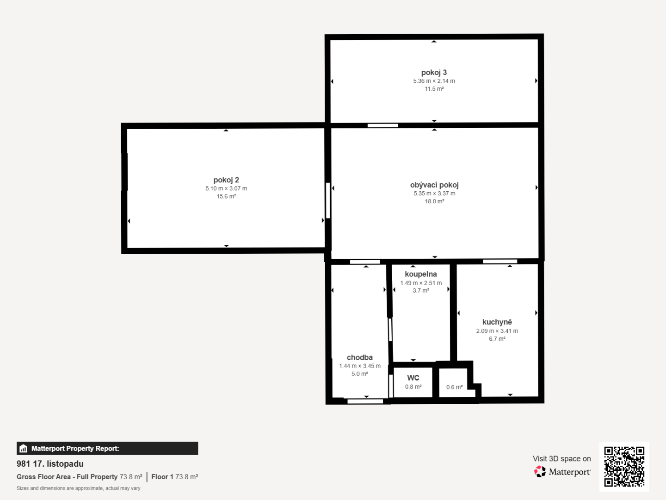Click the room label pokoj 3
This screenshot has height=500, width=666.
[434, 73]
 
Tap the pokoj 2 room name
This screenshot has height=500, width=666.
[226, 180]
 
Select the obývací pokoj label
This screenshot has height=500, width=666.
[434, 185]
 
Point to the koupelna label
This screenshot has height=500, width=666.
[421, 274]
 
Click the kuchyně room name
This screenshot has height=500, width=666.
[497, 322]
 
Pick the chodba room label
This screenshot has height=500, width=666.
[359, 357]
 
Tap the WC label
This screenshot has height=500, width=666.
[413, 378]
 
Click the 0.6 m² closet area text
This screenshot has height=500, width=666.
[454, 387]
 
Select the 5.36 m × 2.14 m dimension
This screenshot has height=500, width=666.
[434, 81]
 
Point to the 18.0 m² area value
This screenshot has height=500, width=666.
[434, 201]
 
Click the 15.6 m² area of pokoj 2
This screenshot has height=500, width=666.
[226, 196]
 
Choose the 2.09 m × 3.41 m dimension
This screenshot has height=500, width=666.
[497, 331]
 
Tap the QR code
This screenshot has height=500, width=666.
[624, 466]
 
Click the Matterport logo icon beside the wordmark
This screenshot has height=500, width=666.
[540, 471]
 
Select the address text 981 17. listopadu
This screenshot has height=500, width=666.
[50, 463]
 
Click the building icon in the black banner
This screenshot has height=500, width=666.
[24, 449]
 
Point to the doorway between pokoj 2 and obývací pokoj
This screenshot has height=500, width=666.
[328, 200]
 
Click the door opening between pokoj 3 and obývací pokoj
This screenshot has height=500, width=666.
[382, 125]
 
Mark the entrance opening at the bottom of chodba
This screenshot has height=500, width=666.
[365, 401]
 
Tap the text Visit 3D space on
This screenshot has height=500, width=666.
[561, 459]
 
